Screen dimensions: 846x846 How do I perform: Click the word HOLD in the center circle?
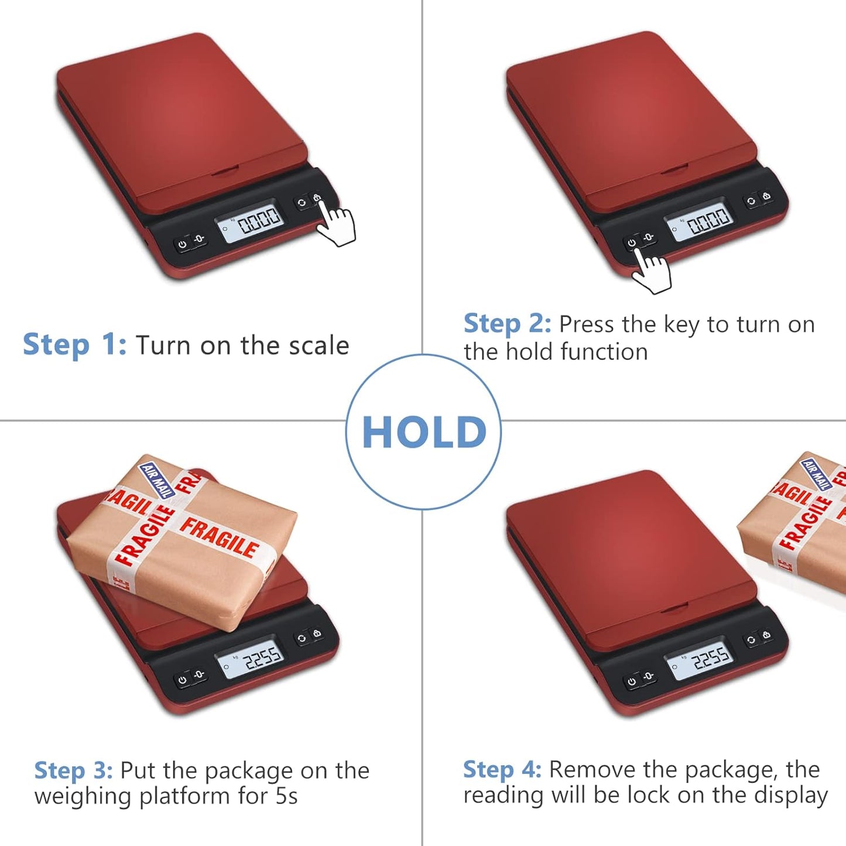(424, 433)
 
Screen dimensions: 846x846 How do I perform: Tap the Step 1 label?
(74, 345)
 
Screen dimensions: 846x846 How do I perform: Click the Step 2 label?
(507, 324)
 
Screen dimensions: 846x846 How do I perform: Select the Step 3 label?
(73, 770)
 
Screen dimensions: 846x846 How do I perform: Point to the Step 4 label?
(502, 769)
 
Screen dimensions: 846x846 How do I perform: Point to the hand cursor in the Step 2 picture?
(651, 271)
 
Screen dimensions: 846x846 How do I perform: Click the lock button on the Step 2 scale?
(766, 197)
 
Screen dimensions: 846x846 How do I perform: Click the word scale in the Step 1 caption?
(318, 345)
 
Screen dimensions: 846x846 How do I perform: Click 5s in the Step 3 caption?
(286, 796)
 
